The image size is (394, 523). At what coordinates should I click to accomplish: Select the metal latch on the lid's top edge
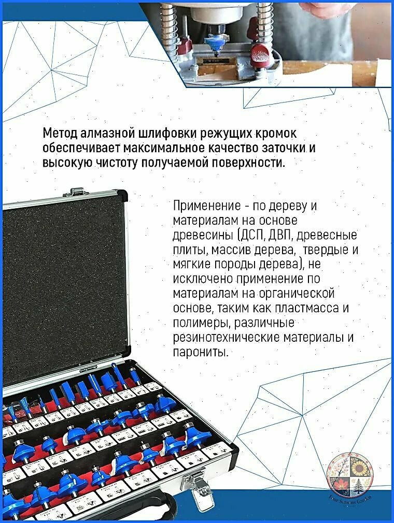point(76,193)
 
